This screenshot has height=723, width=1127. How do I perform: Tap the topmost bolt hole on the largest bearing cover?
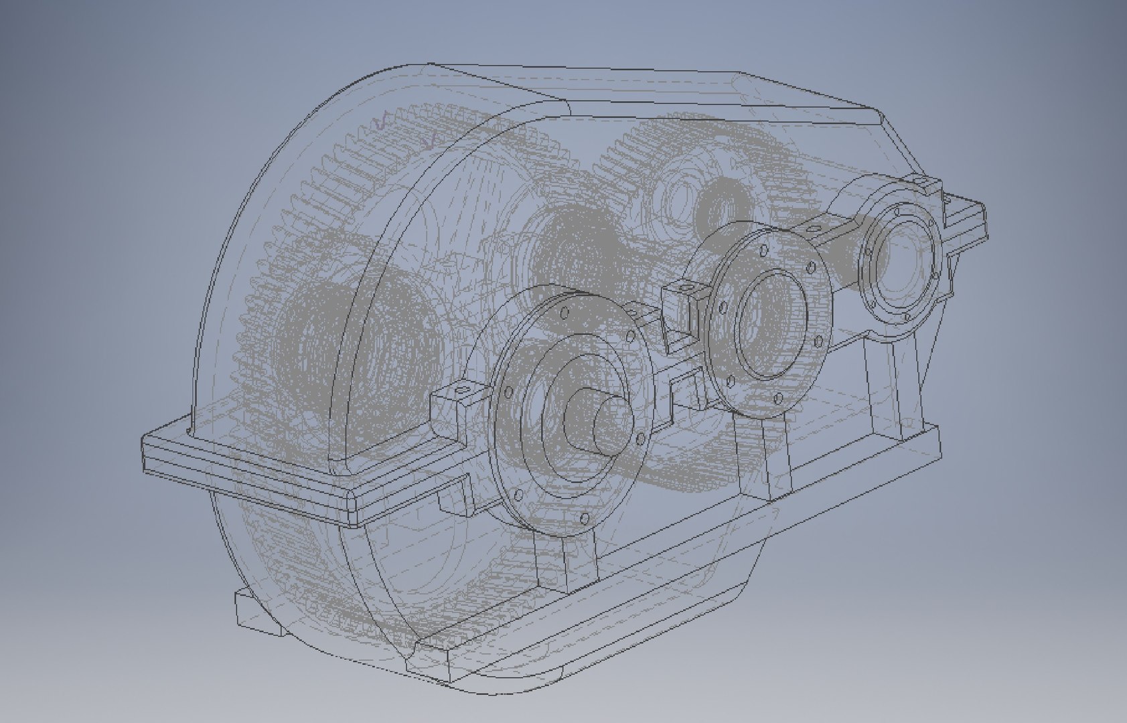point(565,312)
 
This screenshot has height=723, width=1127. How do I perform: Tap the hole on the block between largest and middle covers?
point(685,287)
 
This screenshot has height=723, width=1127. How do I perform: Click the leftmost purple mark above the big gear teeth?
point(383,120)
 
